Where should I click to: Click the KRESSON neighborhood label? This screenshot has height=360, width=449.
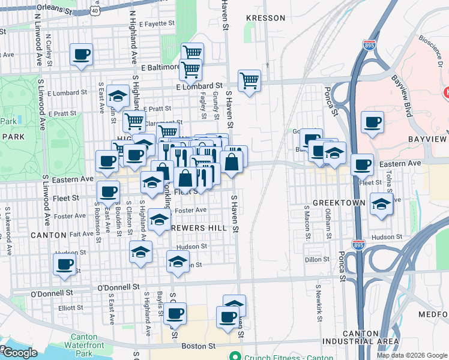[266, 18]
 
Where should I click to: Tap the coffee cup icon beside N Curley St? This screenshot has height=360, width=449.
[82, 55]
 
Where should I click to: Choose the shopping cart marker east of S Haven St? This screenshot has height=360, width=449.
[249, 80]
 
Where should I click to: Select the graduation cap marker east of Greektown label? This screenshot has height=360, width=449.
[381, 204]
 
